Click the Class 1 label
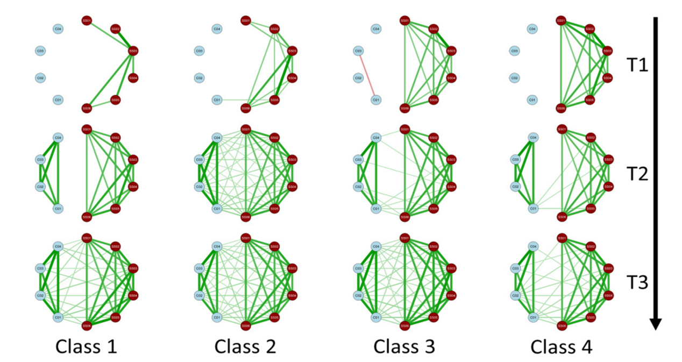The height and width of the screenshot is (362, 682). (x=86, y=347)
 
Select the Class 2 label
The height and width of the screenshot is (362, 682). (x=245, y=347)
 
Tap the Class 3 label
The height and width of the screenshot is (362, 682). (x=404, y=347)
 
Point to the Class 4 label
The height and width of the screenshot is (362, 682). (x=562, y=347)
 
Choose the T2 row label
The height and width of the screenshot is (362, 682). (x=638, y=174)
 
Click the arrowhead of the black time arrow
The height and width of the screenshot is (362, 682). (x=656, y=323)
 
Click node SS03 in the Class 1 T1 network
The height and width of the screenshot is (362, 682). (x=133, y=51)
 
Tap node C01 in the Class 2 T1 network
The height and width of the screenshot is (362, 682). (x=216, y=100)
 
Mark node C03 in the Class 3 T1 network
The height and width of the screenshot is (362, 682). (x=358, y=51)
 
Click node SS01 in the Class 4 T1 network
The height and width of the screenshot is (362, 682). (x=562, y=21)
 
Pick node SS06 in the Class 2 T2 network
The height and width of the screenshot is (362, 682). (x=245, y=217)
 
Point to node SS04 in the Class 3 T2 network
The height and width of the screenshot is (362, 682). (x=451, y=187)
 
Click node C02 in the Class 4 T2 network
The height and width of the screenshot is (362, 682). (x=516, y=187)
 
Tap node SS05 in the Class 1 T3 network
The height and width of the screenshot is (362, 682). (x=115, y=317)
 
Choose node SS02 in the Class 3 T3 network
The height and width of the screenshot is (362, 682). (x=433, y=246)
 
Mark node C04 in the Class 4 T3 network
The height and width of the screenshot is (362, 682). (x=534, y=246)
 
